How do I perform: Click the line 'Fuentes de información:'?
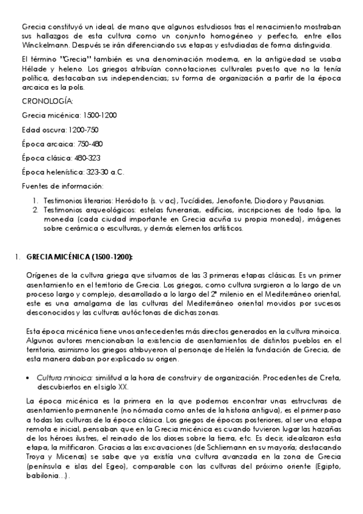pyautogui.click(x=62, y=185)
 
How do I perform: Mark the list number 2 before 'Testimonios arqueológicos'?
pyautogui.click(x=35, y=210)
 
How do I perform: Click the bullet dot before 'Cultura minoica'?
pyautogui.click(x=29, y=376)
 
